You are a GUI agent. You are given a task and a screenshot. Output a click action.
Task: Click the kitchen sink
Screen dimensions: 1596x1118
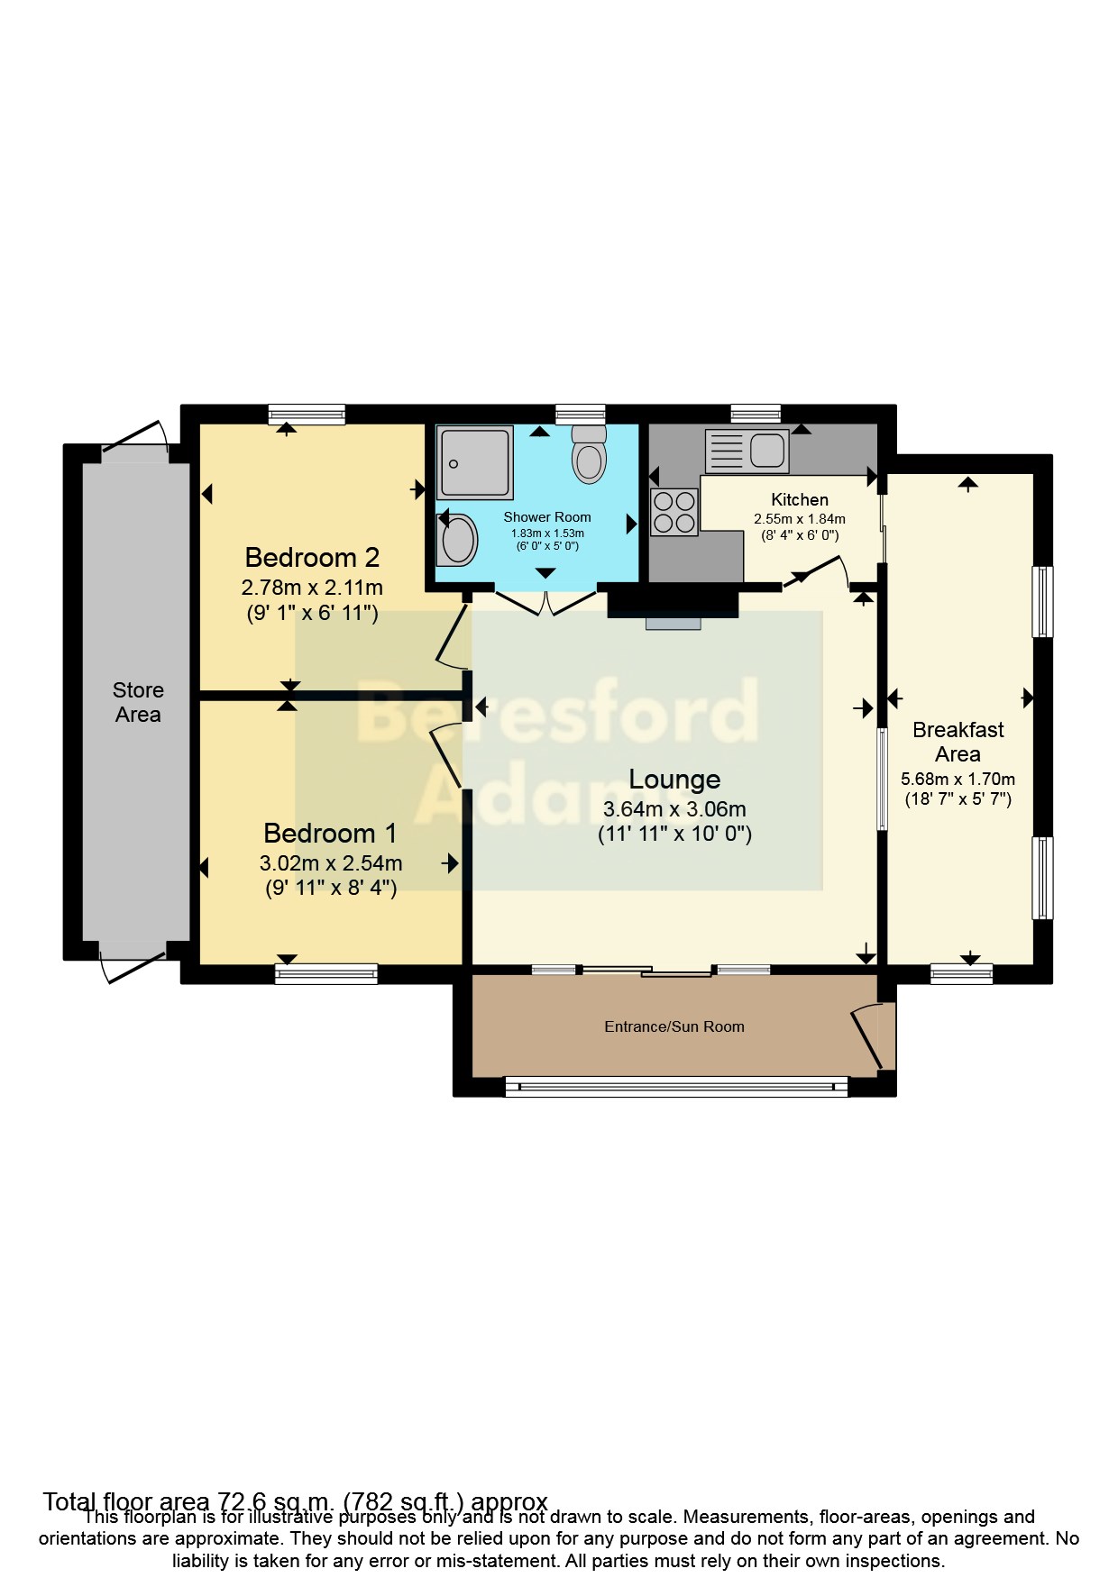coord(747,451)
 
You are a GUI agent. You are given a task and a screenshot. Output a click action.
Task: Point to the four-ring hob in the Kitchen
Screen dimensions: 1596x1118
coord(674,512)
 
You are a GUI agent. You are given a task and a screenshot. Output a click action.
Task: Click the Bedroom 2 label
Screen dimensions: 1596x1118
coord(312,557)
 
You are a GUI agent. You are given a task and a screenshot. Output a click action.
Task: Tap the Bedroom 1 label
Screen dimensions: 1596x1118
coord(330,833)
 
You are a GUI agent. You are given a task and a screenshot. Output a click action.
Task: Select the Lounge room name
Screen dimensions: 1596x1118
coord(674,780)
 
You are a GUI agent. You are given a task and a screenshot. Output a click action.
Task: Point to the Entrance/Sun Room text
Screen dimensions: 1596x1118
coord(674,1026)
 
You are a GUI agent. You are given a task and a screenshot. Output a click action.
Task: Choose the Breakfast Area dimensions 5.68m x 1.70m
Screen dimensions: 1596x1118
coord(958,780)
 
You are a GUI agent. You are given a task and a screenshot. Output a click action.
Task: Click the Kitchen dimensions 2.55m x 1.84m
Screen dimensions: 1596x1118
coord(800,519)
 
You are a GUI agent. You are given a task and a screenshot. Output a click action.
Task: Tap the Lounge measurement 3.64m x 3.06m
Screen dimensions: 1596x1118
coord(674,809)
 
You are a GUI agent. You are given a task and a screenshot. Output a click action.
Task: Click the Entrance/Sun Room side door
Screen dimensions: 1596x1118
coord(868,1036)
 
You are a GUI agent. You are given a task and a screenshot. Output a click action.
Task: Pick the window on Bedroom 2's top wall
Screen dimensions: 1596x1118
coord(307,415)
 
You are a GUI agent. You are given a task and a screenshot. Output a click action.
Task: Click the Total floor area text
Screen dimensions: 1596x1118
coord(296,1502)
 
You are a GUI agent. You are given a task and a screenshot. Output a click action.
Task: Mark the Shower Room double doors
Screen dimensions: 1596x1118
coord(545,603)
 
